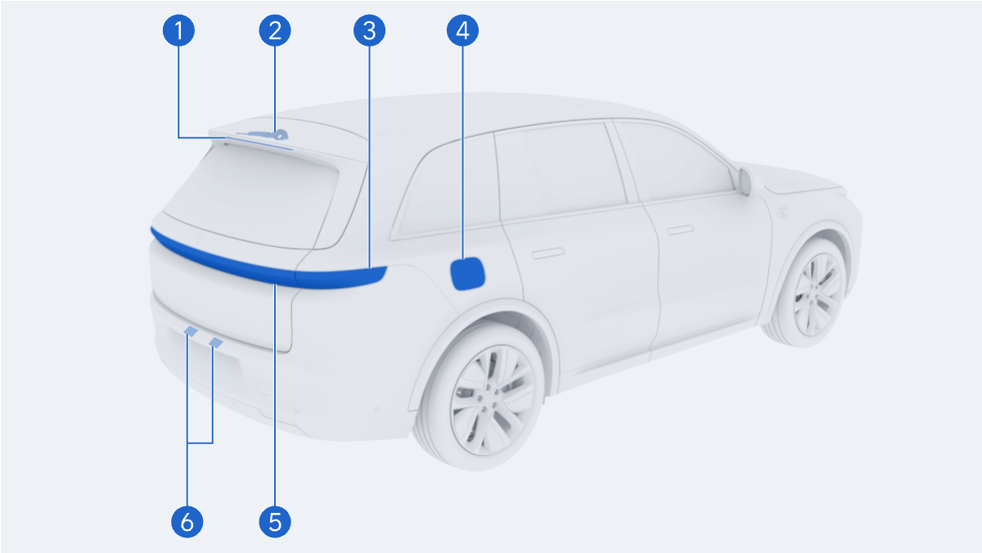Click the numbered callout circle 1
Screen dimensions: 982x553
coord(178,30)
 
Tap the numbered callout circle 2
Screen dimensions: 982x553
coord(275,30)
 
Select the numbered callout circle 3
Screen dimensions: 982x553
coord(370,30)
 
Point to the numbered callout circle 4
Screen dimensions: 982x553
coord(462,30)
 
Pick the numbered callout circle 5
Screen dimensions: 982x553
coord(275,522)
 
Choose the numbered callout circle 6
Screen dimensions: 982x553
coord(187,522)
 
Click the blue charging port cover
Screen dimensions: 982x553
coord(467,274)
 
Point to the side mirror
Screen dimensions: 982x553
coord(746,181)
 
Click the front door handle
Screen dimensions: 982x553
coord(680,230)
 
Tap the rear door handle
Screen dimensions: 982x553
coord(548,254)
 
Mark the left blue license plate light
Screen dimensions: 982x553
coord(191,331)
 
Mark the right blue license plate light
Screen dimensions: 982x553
coord(216,343)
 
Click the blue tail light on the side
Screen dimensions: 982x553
coord(341,278)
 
